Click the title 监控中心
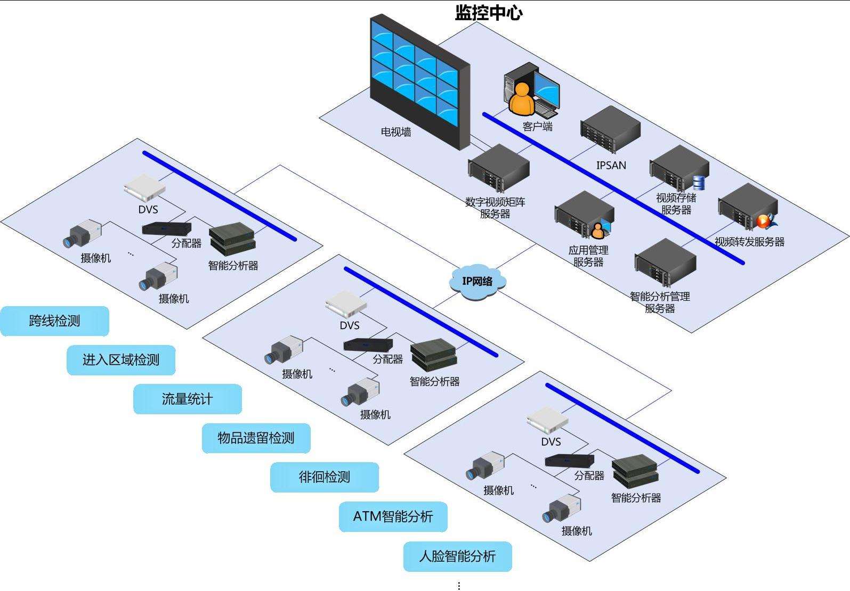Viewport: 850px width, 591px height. [x=488, y=13]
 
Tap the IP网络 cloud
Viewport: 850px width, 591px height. [x=477, y=281]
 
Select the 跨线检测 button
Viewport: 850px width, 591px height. [x=54, y=321]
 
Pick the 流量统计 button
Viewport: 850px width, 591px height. [x=187, y=399]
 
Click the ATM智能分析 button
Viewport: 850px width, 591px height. [x=393, y=516]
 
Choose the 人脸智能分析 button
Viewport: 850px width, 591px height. [x=457, y=556]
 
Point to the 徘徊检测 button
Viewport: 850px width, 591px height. [x=324, y=477]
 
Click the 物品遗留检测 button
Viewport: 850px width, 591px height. [x=256, y=438]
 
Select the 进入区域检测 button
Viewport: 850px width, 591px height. [x=120, y=360]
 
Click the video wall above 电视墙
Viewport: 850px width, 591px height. [x=420, y=80]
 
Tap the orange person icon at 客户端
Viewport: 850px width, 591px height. [x=521, y=100]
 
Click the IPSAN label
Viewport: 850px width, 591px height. [x=611, y=166]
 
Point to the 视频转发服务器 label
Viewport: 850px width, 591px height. [x=749, y=242]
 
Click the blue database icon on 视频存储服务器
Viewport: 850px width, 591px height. [x=698, y=183]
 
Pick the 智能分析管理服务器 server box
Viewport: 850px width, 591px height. [x=665, y=263]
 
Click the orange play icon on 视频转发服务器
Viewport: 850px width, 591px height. [x=763, y=220]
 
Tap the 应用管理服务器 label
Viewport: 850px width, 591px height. [x=588, y=256]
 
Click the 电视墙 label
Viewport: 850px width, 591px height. [x=396, y=132]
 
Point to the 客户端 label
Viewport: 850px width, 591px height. [x=537, y=127]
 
